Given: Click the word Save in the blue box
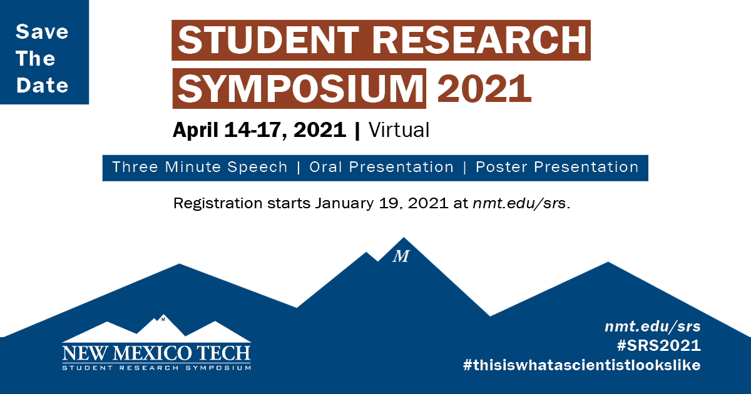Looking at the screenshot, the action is (x=42, y=32).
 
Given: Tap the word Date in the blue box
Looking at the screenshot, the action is (x=43, y=85).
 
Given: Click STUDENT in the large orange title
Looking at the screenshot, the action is (x=268, y=40).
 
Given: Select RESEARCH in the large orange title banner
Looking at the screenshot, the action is (x=479, y=40).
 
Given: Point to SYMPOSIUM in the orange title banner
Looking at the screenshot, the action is (x=300, y=89).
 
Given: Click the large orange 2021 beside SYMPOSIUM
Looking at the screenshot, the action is (x=484, y=89).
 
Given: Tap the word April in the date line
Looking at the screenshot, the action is (x=196, y=130).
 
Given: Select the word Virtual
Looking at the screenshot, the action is (x=399, y=130).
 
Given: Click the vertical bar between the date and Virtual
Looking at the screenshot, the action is (x=357, y=131).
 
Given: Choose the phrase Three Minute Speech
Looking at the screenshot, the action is (x=200, y=167).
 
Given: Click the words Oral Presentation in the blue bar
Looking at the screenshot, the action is (x=382, y=167).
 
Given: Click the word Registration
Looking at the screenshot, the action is (x=218, y=203).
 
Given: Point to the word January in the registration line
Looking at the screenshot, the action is (x=344, y=203).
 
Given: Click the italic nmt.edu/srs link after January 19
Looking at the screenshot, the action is (x=519, y=203).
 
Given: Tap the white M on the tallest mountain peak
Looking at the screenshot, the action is (x=401, y=256).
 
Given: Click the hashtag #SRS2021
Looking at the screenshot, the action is (x=659, y=345).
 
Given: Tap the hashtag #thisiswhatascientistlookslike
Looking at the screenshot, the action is (x=581, y=365).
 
